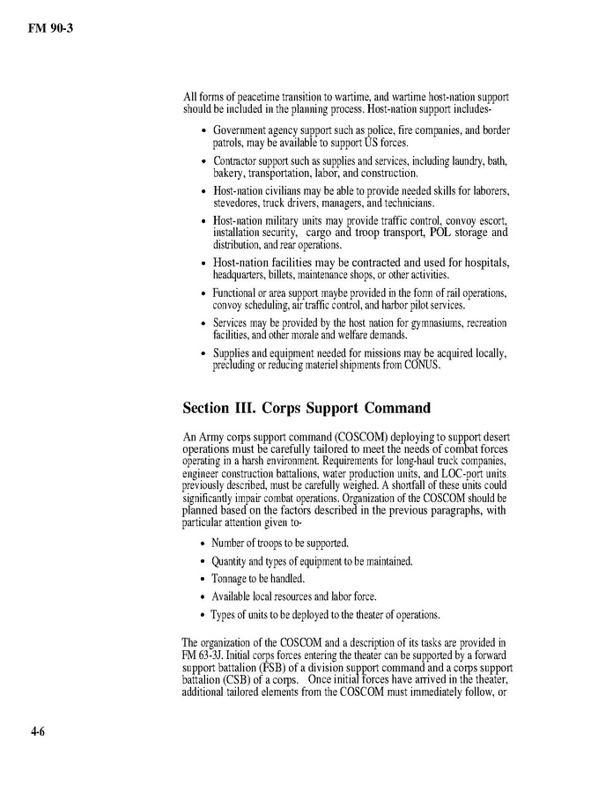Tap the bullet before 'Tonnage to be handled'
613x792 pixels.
[204, 580]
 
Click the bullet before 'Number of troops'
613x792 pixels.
[204, 543]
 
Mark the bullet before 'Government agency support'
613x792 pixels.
[204, 130]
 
